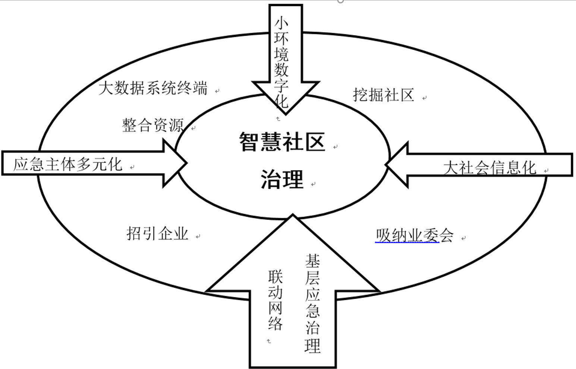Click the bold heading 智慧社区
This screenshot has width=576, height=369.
(282, 142)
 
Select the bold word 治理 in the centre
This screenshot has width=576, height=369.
(282, 179)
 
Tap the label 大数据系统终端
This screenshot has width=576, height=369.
(153, 89)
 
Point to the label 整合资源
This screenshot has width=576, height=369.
(153, 125)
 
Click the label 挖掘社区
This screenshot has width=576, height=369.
(384, 95)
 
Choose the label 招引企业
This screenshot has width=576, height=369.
(157, 234)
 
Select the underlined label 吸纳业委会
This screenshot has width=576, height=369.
(414, 235)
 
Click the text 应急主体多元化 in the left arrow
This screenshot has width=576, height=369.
(68, 164)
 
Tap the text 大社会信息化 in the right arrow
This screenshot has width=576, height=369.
(490, 168)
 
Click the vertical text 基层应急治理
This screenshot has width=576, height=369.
(312, 303)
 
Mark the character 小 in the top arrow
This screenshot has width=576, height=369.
(281, 23)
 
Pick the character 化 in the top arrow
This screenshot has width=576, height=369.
(281, 101)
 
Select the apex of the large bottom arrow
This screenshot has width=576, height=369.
(293, 216)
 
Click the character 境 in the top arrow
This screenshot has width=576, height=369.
(281, 54)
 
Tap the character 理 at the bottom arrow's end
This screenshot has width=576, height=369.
(312, 346)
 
